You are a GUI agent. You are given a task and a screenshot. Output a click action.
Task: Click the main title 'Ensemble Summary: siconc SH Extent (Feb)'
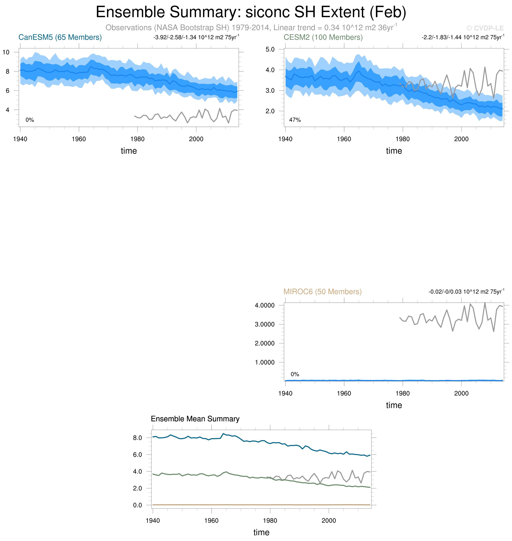point(251,12)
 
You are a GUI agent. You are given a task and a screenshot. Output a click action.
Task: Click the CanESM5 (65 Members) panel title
point(60,37)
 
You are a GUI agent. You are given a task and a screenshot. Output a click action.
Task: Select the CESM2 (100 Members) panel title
point(323,37)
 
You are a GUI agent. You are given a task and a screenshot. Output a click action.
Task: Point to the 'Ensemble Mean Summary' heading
point(195,419)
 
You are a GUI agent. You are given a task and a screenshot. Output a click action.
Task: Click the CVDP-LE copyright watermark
point(485,28)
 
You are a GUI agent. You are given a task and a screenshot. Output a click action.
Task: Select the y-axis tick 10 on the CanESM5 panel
point(6,52)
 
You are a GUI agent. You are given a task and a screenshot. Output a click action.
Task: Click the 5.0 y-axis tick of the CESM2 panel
point(270,49)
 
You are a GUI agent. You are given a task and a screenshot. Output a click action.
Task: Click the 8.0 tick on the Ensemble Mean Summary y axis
point(138,438)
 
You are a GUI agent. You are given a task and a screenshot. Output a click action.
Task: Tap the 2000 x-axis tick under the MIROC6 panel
point(461,393)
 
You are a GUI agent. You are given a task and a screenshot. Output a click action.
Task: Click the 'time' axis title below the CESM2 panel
point(394,151)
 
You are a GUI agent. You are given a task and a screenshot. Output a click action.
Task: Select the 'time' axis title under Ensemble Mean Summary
point(261,532)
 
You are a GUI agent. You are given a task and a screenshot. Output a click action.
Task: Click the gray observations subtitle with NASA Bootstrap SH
point(251,28)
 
